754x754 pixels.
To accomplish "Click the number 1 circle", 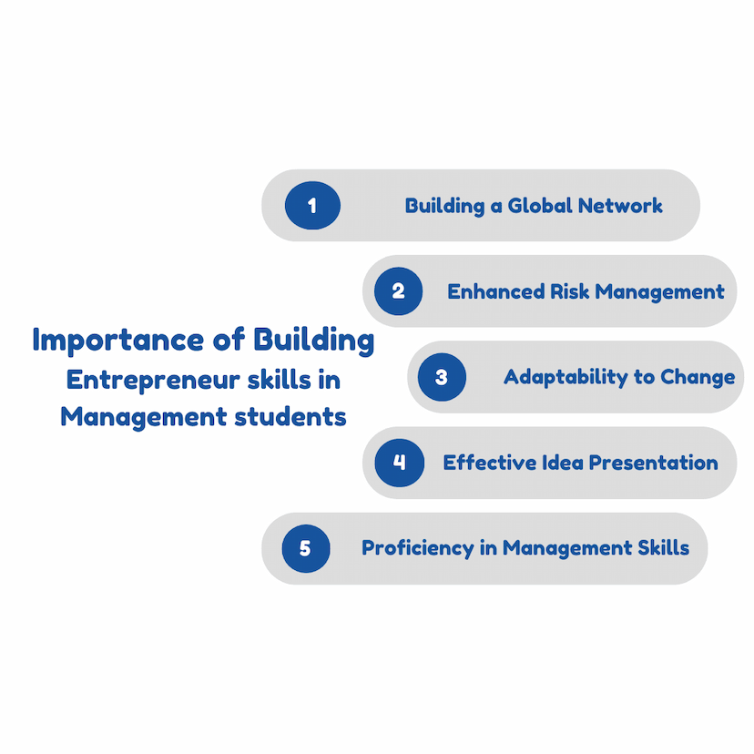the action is click(312, 205).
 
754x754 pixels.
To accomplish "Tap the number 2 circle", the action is click(398, 290).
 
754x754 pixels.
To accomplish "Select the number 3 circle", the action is click(442, 377).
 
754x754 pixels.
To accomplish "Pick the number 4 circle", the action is click(399, 463).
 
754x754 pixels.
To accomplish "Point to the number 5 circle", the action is click(306, 548).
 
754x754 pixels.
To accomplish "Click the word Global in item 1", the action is click(540, 205).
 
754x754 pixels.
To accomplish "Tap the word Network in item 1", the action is click(620, 205).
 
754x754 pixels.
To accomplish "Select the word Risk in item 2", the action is click(569, 291).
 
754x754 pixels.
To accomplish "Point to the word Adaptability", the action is click(566, 378).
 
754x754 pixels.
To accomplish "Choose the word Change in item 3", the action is click(698, 378).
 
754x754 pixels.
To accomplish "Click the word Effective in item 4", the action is click(490, 463).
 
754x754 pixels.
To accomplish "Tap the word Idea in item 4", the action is click(563, 463).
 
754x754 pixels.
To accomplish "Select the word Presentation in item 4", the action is click(654, 463).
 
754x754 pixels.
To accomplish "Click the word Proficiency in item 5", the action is click(418, 549).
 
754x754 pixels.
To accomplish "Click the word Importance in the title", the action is click(118, 341).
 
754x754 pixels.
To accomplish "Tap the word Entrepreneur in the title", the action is click(153, 381).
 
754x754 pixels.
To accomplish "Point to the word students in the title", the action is click(290, 416).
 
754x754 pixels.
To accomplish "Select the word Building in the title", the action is click(314, 341).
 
